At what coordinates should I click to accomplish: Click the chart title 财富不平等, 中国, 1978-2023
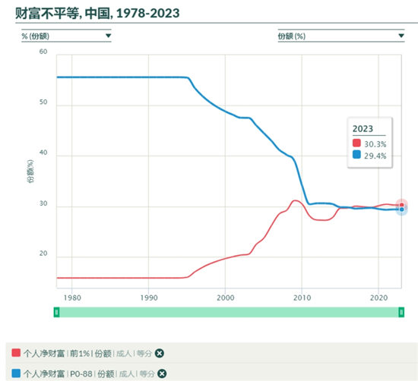coord(97,13)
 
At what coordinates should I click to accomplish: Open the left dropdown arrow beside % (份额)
coord(108,36)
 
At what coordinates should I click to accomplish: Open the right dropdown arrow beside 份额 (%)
coord(401,36)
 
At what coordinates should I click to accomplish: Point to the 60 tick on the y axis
coord(43,52)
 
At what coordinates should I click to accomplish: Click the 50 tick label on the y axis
coord(43,102)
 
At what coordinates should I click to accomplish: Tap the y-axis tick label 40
coord(43,153)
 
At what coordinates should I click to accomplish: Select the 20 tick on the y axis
coord(43,253)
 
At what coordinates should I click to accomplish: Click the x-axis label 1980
coord(72,298)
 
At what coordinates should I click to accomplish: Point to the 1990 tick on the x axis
coord(149,298)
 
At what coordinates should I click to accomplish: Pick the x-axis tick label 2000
coord(225,298)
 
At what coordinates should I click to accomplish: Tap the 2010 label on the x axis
coord(302,298)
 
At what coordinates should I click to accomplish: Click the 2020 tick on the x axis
coord(378,298)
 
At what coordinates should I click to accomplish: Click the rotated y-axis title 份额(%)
coord(30,172)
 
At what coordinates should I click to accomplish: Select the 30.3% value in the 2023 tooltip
coord(375,144)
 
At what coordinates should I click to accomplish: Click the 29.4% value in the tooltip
coord(375,156)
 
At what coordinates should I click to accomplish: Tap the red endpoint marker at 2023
coord(402,205)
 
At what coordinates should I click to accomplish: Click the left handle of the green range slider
coord(56,312)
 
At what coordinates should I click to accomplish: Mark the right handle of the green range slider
coord(401,312)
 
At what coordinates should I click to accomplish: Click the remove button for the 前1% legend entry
coord(160,354)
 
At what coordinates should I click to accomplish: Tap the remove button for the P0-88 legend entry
coord(162,373)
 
